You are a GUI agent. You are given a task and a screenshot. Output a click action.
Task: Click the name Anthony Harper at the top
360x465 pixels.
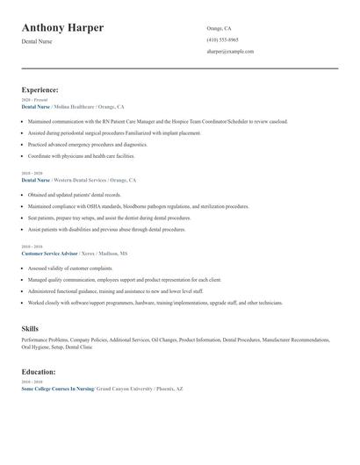pos(62,28)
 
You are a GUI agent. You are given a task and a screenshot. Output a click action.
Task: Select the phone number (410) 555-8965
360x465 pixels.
pos(222,40)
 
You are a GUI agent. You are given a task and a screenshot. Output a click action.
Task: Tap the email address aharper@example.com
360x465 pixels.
pos(230,52)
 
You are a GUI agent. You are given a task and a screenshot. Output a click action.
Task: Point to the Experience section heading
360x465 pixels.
pos(40,89)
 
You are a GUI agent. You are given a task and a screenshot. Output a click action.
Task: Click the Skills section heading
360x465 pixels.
pos(30,328)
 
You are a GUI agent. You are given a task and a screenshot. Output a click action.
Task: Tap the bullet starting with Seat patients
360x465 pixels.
pos(109,218)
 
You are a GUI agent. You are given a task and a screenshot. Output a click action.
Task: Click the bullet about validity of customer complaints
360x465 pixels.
pos(70,268)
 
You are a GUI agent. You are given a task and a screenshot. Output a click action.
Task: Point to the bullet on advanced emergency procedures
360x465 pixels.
pos(88,144)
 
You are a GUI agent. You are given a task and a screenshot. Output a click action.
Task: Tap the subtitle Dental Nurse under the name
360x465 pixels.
pos(37,41)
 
